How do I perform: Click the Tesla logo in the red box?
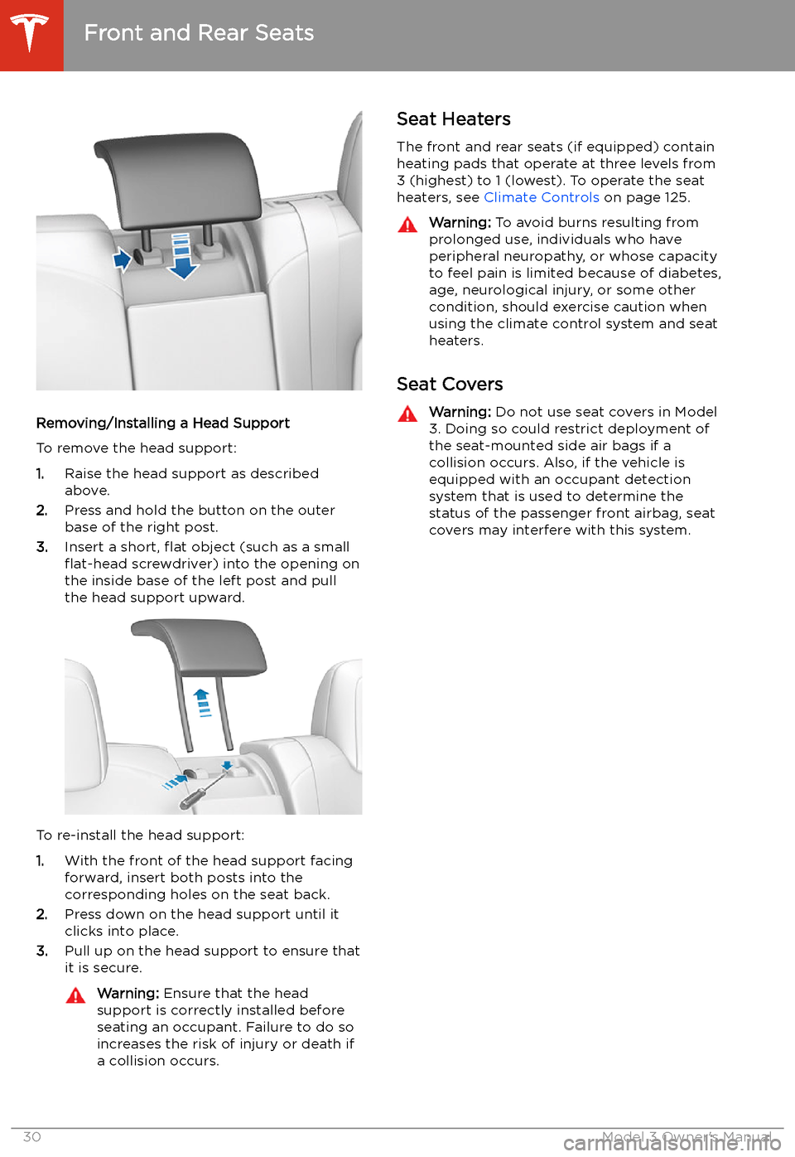(31, 34)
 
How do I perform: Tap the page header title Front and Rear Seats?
(199, 33)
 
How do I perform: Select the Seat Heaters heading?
(453, 119)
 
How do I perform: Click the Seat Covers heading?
(450, 385)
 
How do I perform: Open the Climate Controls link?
(541, 197)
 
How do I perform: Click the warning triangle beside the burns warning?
(407, 225)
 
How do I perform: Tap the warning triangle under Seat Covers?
(407, 414)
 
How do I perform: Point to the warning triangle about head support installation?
(75, 995)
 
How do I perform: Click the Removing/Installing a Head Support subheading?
(163, 424)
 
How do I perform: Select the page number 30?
(31, 1136)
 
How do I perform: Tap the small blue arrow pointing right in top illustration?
(123, 259)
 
